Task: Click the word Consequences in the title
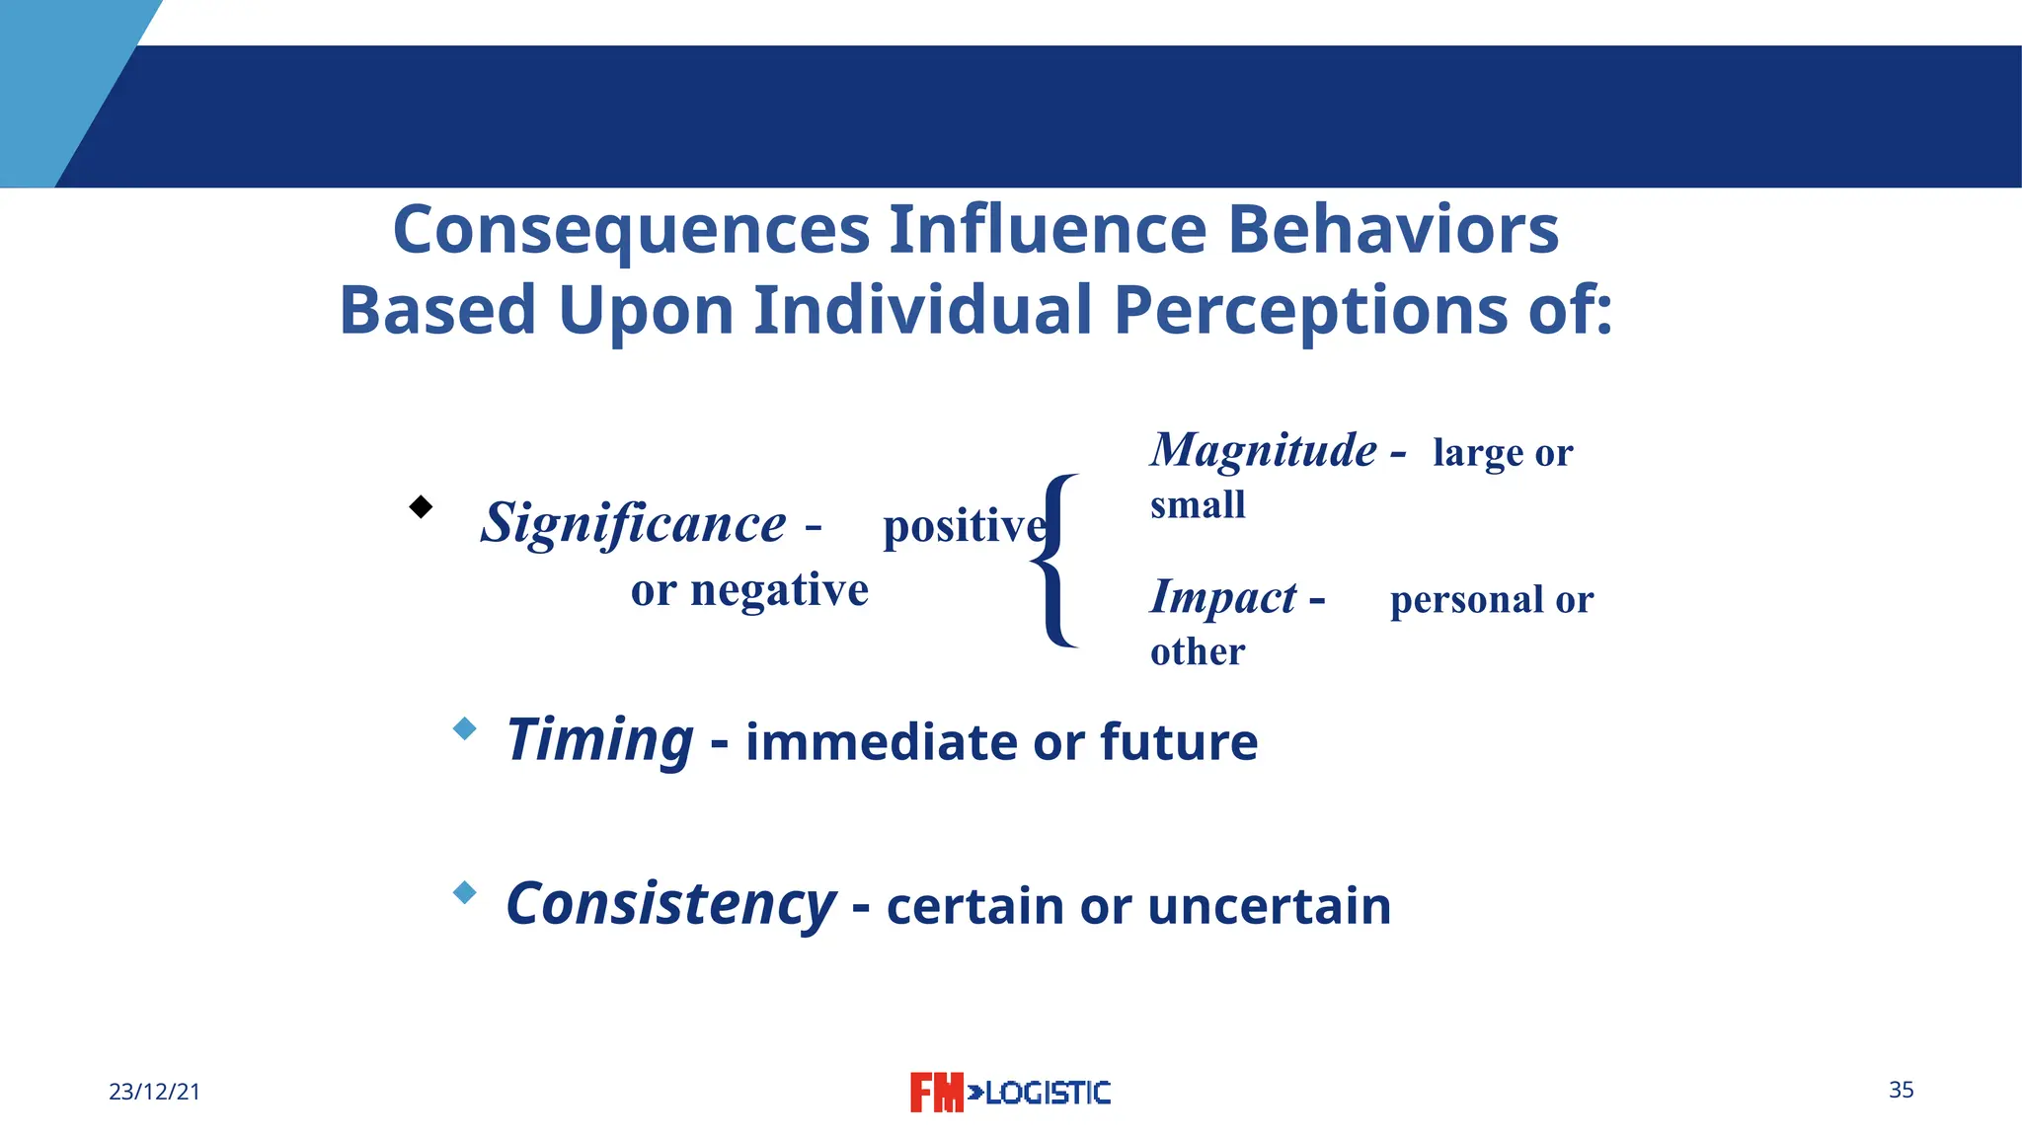(x=631, y=230)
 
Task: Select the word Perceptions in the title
(x=1310, y=311)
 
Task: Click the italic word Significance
(x=633, y=523)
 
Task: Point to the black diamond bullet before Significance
(x=421, y=507)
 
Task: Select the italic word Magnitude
(x=1263, y=451)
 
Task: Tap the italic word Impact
(x=1223, y=598)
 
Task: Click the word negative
(x=779, y=591)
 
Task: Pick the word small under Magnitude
(x=1198, y=505)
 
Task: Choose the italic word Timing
(x=599, y=740)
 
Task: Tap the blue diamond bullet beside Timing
(x=464, y=729)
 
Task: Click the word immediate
(x=882, y=742)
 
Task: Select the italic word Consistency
(x=670, y=904)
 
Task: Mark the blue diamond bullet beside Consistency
(x=464, y=893)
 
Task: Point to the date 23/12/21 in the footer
(x=154, y=1092)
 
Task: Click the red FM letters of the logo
(x=935, y=1093)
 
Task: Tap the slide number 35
(x=1901, y=1090)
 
